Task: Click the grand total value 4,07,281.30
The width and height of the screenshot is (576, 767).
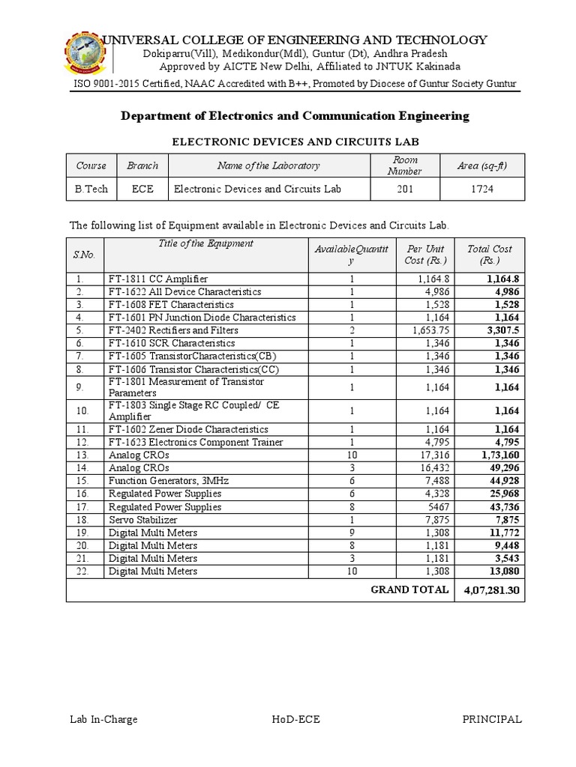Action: tap(490, 590)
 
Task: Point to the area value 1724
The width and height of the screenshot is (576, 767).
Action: tap(481, 189)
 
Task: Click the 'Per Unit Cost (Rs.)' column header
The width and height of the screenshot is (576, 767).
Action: tap(425, 255)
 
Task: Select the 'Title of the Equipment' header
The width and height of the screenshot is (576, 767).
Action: tap(205, 243)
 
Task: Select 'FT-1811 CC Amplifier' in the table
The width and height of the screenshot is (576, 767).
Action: tap(157, 279)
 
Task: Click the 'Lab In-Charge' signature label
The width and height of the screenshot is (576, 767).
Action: tap(103, 719)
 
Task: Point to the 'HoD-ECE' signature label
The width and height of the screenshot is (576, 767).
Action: tap(296, 719)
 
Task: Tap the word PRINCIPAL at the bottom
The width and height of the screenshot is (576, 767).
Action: tap(491, 719)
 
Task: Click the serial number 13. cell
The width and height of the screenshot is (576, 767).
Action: tap(85, 455)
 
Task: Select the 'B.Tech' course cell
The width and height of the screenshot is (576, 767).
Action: tap(91, 189)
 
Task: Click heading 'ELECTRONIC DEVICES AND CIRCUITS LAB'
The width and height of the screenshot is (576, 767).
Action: tap(295, 141)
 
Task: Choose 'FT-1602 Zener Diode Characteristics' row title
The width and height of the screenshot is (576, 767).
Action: tap(188, 430)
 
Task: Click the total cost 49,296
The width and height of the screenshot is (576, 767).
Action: tap(497, 468)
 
